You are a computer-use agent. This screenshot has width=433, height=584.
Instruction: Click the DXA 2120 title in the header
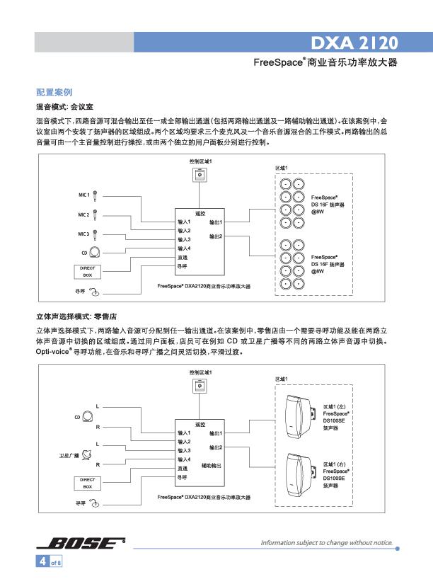(x=359, y=40)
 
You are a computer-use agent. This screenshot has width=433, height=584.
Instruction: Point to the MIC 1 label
(x=83, y=194)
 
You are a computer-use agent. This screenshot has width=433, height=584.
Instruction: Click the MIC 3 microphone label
(x=83, y=233)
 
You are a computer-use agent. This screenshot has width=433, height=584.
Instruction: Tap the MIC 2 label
(x=83, y=214)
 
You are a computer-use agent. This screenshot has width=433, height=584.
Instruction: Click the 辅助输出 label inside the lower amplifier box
(x=212, y=465)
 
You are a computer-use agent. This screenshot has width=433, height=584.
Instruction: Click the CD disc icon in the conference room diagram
(x=93, y=251)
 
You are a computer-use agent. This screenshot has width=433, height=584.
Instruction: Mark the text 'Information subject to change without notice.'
(x=327, y=543)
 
